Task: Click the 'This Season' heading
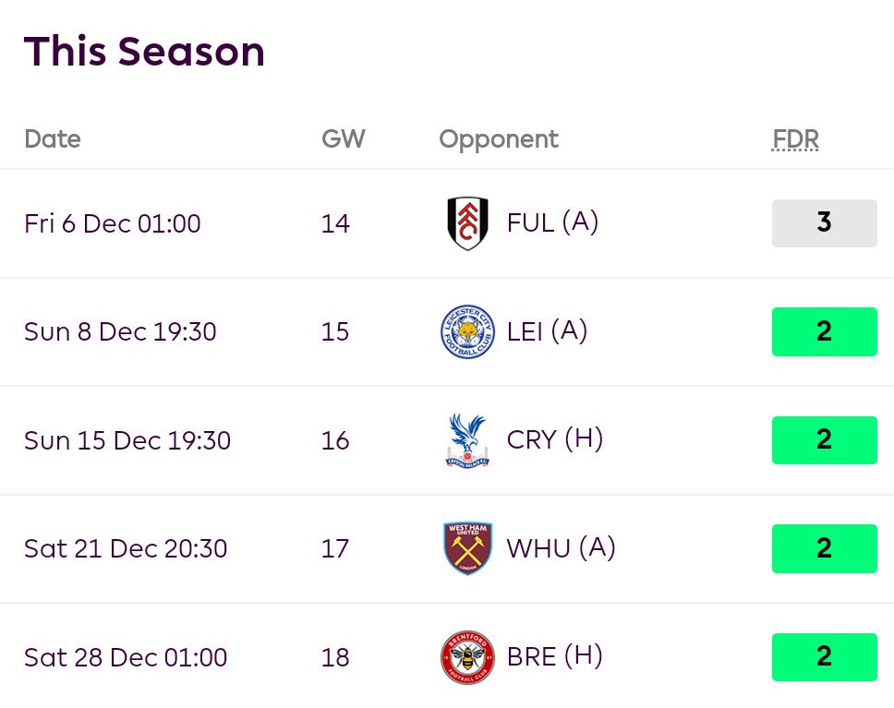point(144,52)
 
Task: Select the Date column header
point(53,139)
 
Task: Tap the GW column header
point(344,139)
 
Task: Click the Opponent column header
point(499,139)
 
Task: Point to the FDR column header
point(796,139)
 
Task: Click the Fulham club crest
point(467,223)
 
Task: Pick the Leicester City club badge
point(467,331)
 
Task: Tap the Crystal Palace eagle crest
point(467,440)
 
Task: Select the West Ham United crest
point(467,548)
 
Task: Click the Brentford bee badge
point(467,657)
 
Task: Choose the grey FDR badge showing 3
point(824,223)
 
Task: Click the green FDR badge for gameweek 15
point(824,331)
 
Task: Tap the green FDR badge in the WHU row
point(824,548)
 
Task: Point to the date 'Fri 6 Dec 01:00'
point(113,224)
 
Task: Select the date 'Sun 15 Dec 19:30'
point(127,441)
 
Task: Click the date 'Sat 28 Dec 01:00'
point(126,658)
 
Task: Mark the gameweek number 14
point(335,224)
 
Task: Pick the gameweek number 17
point(335,549)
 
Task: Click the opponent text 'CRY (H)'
point(555,440)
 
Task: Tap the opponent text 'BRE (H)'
point(555,657)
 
